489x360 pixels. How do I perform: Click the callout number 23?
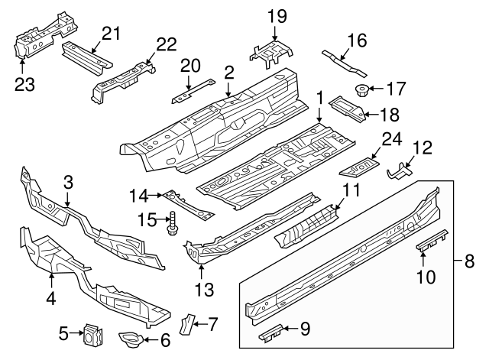[25, 81]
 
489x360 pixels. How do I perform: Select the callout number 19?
[277, 15]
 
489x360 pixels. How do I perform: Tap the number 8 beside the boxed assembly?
[469, 261]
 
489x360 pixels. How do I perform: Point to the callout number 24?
[390, 139]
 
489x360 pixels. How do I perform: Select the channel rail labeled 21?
[83, 56]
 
